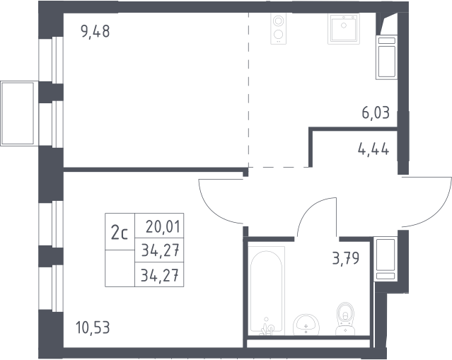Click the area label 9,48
(95, 31)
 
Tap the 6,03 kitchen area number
(376, 112)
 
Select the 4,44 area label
(373, 149)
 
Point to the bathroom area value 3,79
(346, 258)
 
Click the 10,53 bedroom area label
(93, 327)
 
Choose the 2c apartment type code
(120, 233)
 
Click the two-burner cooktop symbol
(279, 29)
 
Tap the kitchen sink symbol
(344, 29)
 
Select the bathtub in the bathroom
(267, 291)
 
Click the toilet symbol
(345, 318)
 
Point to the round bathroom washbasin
(306, 325)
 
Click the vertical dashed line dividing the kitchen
(248, 90)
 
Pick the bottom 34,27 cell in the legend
(160, 274)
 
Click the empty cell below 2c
(120, 268)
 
